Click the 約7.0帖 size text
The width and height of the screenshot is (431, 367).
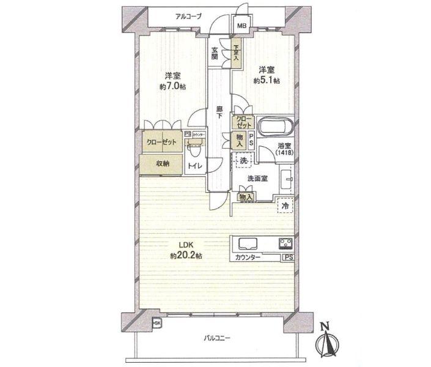pos(172,86)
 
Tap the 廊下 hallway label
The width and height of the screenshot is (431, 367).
pos(218,113)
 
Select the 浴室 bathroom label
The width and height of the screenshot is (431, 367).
pos(283,150)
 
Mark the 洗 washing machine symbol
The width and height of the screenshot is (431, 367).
pos(241,160)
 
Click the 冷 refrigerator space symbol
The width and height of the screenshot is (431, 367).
pos(285,207)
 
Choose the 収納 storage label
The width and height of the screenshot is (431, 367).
pos(162,163)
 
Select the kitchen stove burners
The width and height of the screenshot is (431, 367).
pos(285,242)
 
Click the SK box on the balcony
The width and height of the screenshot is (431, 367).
pos(157,323)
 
